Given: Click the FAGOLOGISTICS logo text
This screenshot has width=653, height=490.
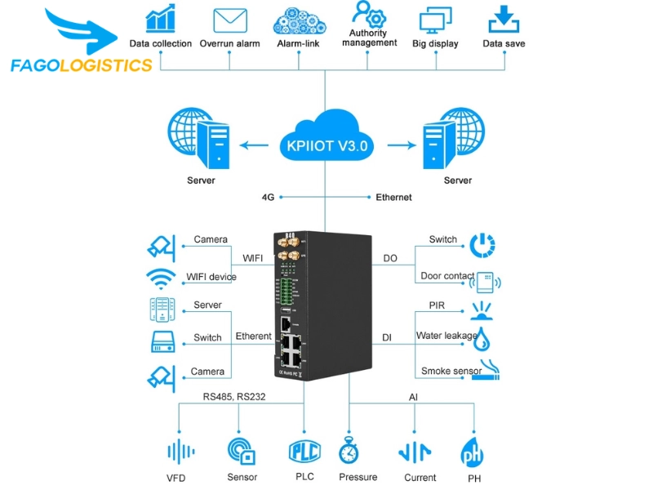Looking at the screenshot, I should point(82,65).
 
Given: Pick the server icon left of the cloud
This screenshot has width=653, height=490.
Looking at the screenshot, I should point(195,140).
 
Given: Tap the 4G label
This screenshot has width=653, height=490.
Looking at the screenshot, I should point(268,197).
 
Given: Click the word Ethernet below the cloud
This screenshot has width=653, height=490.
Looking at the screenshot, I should point(393,197).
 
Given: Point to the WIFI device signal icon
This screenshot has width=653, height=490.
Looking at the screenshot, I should point(161,278).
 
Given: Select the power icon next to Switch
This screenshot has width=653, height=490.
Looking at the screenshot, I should point(482,243).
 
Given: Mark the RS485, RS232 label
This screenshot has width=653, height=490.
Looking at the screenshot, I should point(234,397).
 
